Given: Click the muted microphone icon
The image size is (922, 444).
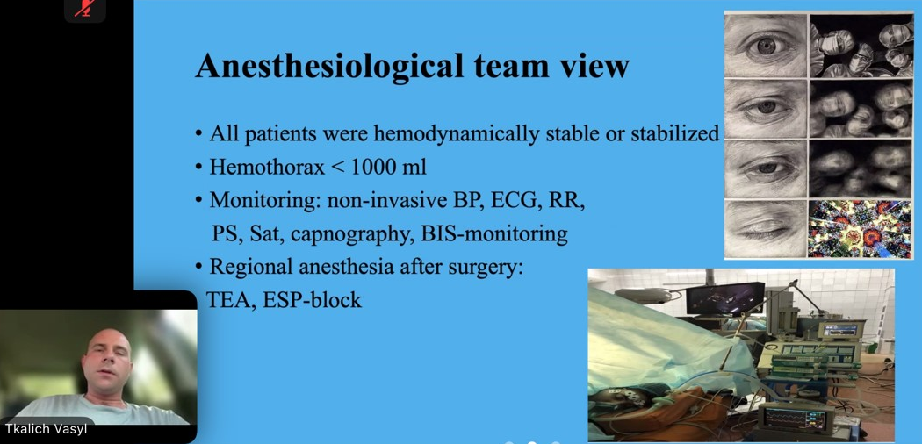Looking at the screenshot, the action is point(85,8).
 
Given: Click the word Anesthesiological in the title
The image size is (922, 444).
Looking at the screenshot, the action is point(329,66).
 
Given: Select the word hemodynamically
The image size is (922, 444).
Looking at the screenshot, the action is point(456,134).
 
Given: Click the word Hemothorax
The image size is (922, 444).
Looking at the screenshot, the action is point(267,168).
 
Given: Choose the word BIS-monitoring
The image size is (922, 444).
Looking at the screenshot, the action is point(494,234).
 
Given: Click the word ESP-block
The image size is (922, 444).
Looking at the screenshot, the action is point(313,300).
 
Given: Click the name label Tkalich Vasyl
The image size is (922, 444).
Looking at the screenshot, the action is point(45,429).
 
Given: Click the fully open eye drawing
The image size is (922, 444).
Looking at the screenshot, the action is point(766,46).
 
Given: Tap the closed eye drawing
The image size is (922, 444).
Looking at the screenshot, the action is point(766,229).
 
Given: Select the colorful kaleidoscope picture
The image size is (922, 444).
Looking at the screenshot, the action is point(860,229).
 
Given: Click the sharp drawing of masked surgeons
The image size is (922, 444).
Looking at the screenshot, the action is point(860,46).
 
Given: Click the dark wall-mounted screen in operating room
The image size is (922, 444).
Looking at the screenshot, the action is point(725,299).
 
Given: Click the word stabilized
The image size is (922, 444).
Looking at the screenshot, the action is point(675,134).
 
